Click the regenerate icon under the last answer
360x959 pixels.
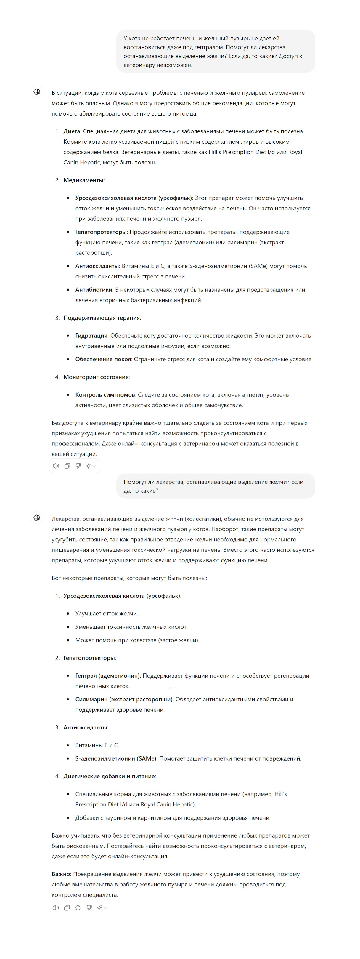tap(78, 908)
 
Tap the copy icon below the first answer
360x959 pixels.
tap(67, 466)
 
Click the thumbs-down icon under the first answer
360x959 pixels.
tap(78, 466)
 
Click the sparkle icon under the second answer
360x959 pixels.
tap(99, 908)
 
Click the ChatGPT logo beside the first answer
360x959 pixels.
tap(37, 92)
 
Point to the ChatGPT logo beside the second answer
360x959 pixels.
tap(37, 518)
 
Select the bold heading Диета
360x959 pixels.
tap(71, 131)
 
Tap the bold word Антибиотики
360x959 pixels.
tap(94, 290)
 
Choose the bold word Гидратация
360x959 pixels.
tap(91, 336)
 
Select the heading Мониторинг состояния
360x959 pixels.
tap(96, 377)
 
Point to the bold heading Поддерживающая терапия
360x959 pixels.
tap(102, 318)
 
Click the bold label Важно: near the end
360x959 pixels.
tap(61, 874)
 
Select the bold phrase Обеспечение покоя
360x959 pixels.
tap(103, 359)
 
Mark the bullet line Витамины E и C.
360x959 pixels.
tap(97, 745)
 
